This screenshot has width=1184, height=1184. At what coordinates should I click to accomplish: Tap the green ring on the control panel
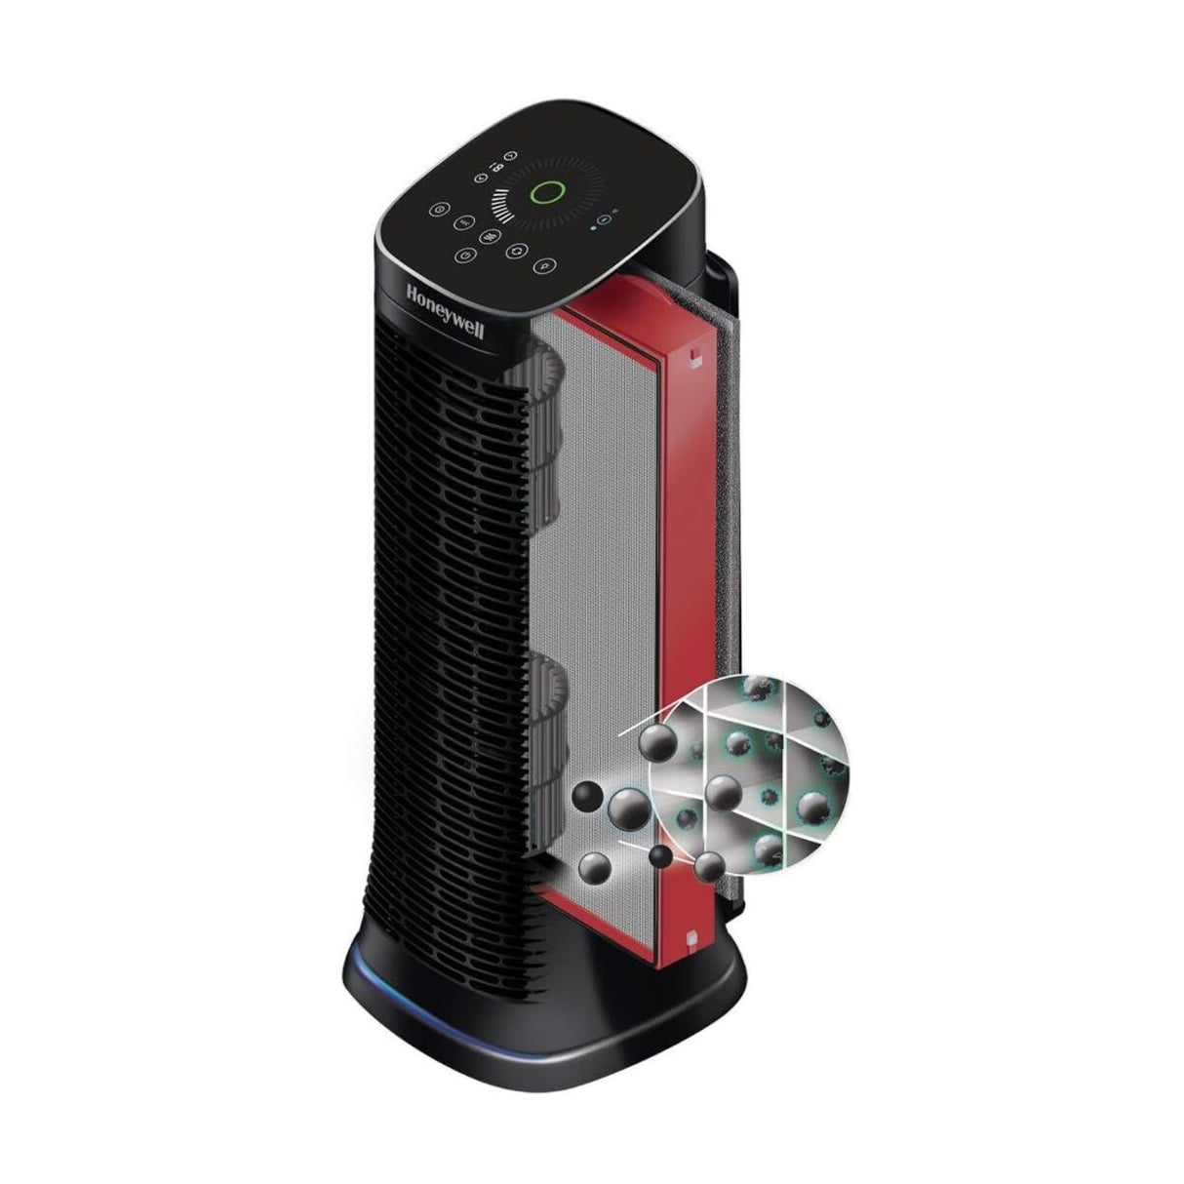coord(545,193)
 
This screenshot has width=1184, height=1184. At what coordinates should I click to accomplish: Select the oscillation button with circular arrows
coord(517,251)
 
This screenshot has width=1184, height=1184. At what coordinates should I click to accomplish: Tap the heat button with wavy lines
coord(489,236)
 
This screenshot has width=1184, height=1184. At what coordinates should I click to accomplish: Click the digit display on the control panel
coord(493,166)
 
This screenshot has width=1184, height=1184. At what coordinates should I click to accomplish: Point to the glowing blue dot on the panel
coord(593,226)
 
